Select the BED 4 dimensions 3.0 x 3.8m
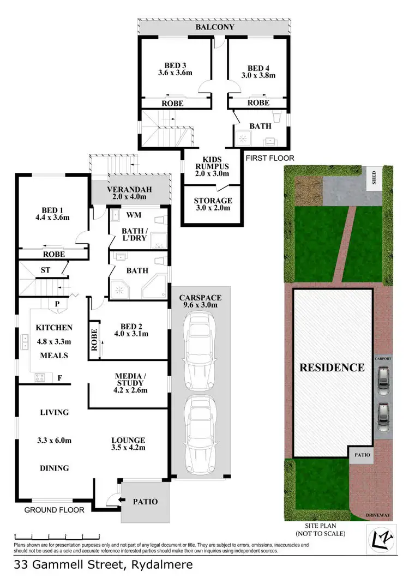[258, 76]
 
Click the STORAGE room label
[213, 201]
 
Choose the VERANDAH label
[130, 189]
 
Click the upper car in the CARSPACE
[201, 345]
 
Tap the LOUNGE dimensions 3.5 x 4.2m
[129, 448]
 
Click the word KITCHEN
[54, 328]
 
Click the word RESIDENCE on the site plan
[332, 368]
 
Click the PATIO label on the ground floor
[145, 501]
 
